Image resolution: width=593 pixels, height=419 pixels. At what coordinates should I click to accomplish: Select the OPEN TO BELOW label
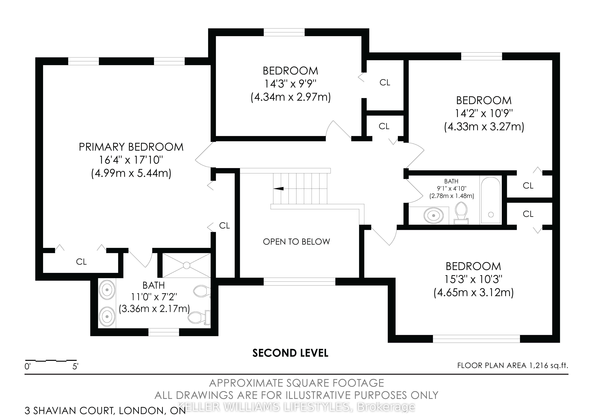click(296, 242)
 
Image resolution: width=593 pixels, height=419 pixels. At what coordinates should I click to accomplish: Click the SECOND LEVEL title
click(290, 353)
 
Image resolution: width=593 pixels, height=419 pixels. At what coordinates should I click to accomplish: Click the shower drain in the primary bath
click(187, 265)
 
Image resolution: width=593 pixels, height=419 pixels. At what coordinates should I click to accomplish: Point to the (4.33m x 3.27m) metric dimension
click(484, 127)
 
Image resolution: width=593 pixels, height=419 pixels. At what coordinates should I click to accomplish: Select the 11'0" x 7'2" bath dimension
click(154, 297)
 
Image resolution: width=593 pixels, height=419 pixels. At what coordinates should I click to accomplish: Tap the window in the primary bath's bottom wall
click(164, 332)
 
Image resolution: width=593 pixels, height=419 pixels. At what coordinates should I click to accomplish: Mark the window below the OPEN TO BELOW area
click(299, 282)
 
